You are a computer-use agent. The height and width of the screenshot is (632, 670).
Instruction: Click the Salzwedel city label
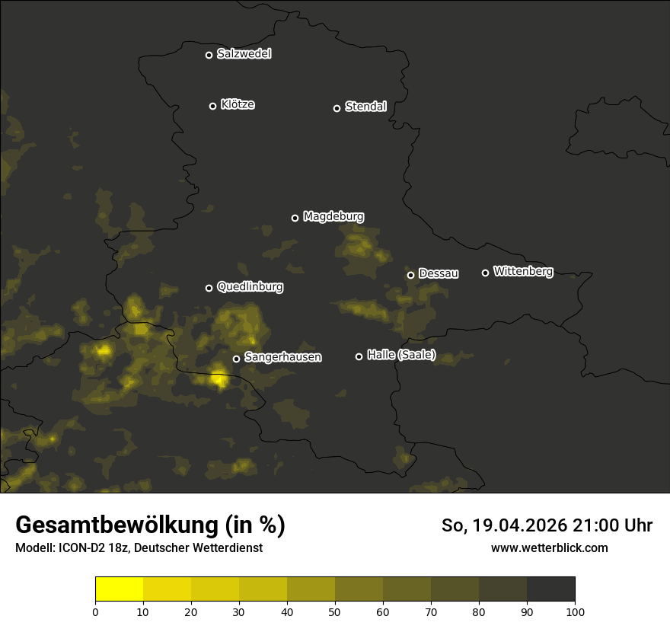[x=244, y=54]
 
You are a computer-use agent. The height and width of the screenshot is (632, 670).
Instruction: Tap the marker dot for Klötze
[x=213, y=106]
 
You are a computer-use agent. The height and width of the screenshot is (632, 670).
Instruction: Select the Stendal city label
[x=365, y=107]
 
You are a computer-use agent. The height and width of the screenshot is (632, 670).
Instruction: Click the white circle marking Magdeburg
[x=295, y=218]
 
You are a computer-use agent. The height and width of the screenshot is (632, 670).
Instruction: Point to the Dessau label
[x=439, y=273]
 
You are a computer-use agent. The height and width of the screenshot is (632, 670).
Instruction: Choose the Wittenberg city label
[x=523, y=271]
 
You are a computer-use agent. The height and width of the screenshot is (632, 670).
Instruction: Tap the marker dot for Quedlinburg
[x=209, y=288]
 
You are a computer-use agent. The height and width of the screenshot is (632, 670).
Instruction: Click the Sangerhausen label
[x=282, y=357]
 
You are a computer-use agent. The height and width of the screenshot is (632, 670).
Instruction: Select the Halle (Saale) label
[x=401, y=355]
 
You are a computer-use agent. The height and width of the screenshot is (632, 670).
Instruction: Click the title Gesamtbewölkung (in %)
[x=150, y=525]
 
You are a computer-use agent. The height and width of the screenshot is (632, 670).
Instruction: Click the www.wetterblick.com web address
[x=549, y=547]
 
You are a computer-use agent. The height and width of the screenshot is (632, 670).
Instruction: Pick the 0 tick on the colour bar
[x=95, y=611]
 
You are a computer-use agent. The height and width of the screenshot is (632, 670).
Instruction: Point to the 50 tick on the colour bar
[x=335, y=611]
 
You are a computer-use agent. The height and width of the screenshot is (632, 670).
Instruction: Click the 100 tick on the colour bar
[x=575, y=611]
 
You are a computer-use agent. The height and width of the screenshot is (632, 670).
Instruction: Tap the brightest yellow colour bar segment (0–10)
[x=119, y=589]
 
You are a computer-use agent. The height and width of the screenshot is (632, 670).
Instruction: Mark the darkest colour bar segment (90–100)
[x=550, y=589]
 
